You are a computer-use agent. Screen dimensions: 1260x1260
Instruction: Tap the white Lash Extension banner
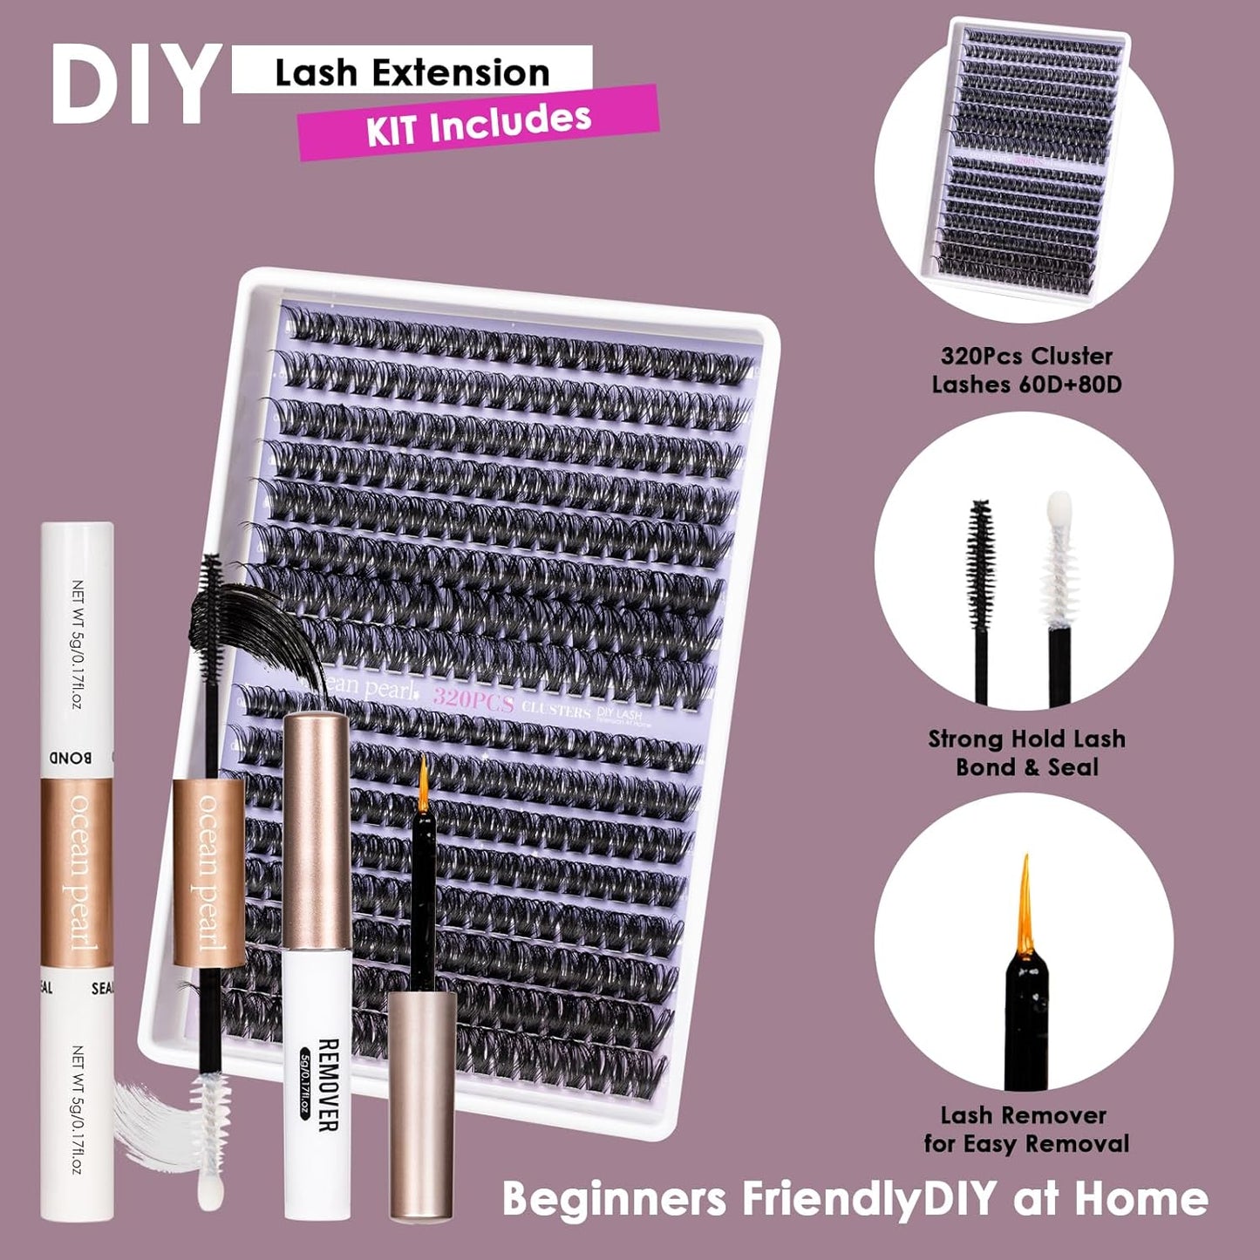click(412, 72)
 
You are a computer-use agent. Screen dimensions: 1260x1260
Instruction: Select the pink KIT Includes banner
click(478, 123)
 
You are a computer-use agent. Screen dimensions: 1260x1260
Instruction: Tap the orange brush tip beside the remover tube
click(424, 779)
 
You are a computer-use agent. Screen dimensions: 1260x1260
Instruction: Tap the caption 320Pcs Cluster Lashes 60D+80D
click(1026, 370)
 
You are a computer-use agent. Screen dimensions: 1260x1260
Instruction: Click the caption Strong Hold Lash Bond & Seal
click(1026, 753)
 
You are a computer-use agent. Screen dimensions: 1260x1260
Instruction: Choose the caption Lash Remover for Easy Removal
click(1026, 1129)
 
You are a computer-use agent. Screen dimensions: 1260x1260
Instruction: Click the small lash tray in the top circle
click(1025, 157)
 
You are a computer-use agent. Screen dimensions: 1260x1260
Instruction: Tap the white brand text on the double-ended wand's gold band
click(209, 872)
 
